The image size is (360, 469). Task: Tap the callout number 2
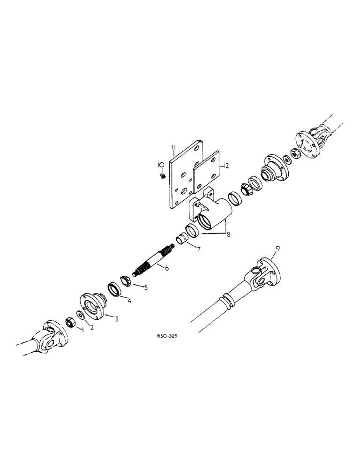[x=92, y=327]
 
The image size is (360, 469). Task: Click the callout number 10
[x=161, y=165]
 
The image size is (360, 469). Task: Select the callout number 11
[x=173, y=150]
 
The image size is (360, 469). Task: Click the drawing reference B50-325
[x=167, y=336]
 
